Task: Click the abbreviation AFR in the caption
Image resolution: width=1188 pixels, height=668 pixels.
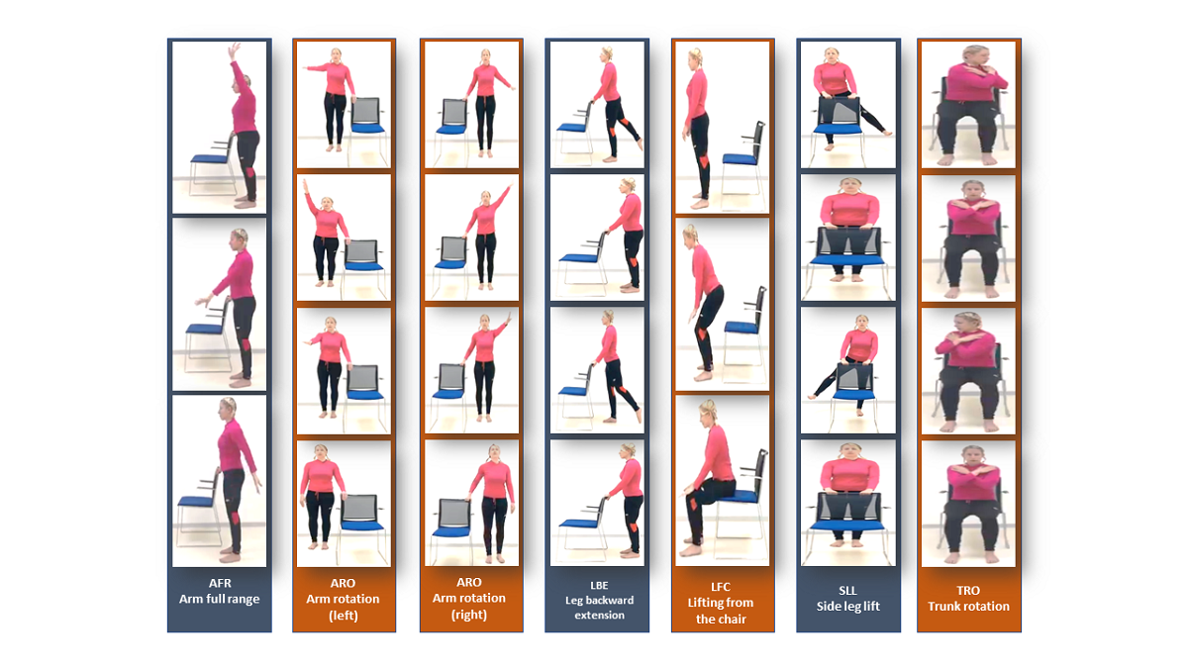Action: [x=220, y=583]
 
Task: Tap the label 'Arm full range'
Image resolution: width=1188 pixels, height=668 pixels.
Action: [x=219, y=599]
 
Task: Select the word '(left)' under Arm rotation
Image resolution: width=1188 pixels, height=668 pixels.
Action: [x=344, y=616]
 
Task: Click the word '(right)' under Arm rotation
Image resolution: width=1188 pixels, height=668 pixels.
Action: [x=469, y=615]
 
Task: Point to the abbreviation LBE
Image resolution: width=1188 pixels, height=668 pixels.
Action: [x=599, y=585]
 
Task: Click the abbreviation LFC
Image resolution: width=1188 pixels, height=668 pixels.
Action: [x=721, y=587]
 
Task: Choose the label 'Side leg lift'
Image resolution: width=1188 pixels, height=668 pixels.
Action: [x=848, y=606]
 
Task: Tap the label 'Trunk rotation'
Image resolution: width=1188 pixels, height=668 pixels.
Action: [x=968, y=606]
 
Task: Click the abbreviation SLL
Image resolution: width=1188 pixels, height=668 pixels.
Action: [x=847, y=591]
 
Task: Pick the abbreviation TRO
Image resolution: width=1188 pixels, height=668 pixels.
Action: [x=968, y=591]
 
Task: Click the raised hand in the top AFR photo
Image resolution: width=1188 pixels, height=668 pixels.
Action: [x=232, y=50]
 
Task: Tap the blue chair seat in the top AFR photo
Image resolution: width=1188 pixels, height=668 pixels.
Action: [x=209, y=158]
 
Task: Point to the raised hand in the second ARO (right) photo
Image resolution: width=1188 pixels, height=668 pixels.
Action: [x=510, y=188]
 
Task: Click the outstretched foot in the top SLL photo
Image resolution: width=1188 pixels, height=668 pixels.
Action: [x=887, y=133]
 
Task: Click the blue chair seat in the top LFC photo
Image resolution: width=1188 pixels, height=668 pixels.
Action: [x=740, y=158]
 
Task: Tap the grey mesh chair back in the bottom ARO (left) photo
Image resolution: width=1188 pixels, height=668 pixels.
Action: [x=359, y=508]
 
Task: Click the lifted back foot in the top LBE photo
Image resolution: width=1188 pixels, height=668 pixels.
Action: [x=640, y=144]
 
